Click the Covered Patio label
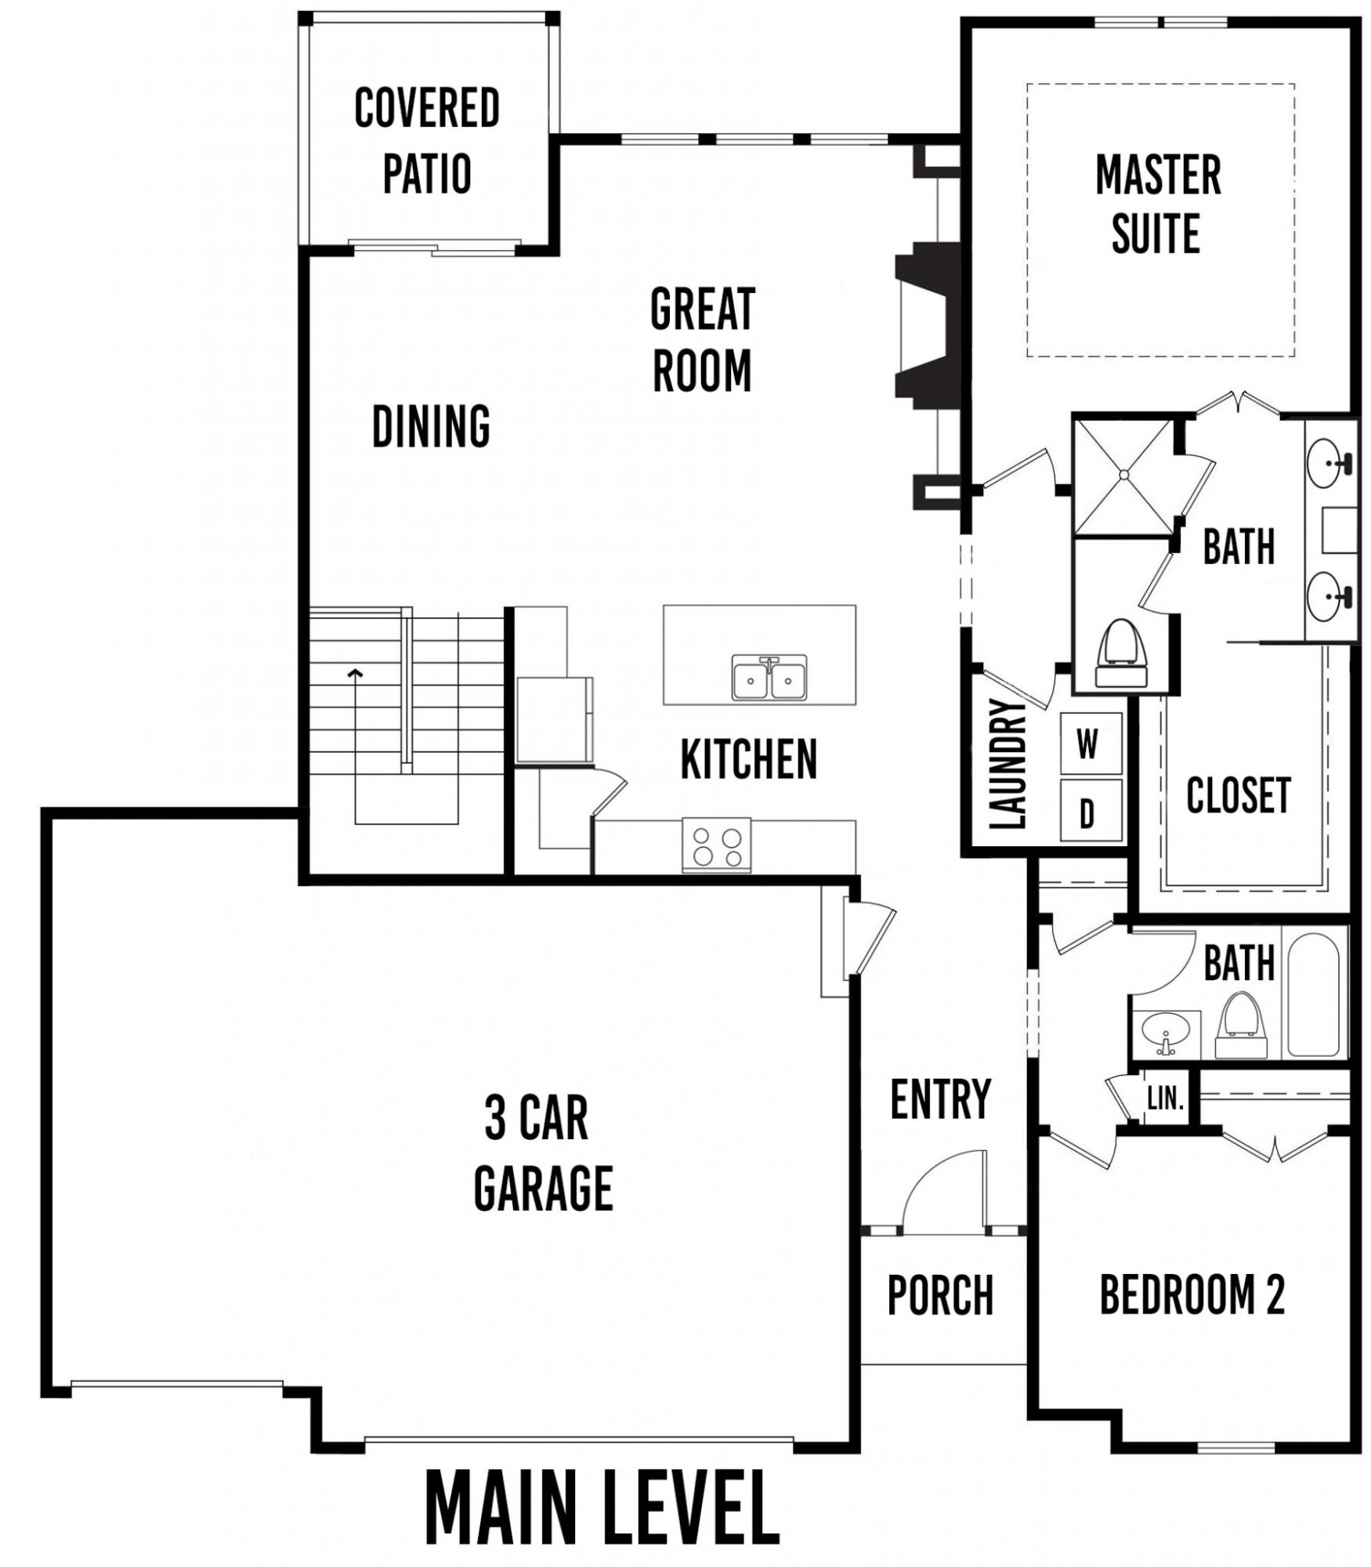[427, 140]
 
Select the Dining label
[431, 426]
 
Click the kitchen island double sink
[769, 678]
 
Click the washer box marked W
[1091, 744]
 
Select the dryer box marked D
[1091, 812]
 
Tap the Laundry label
[1007, 764]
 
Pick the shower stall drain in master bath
[1123, 475]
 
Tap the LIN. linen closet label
[1166, 1098]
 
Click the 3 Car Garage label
[543, 1153]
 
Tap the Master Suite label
[1158, 204]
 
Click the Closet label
[1238, 796]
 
